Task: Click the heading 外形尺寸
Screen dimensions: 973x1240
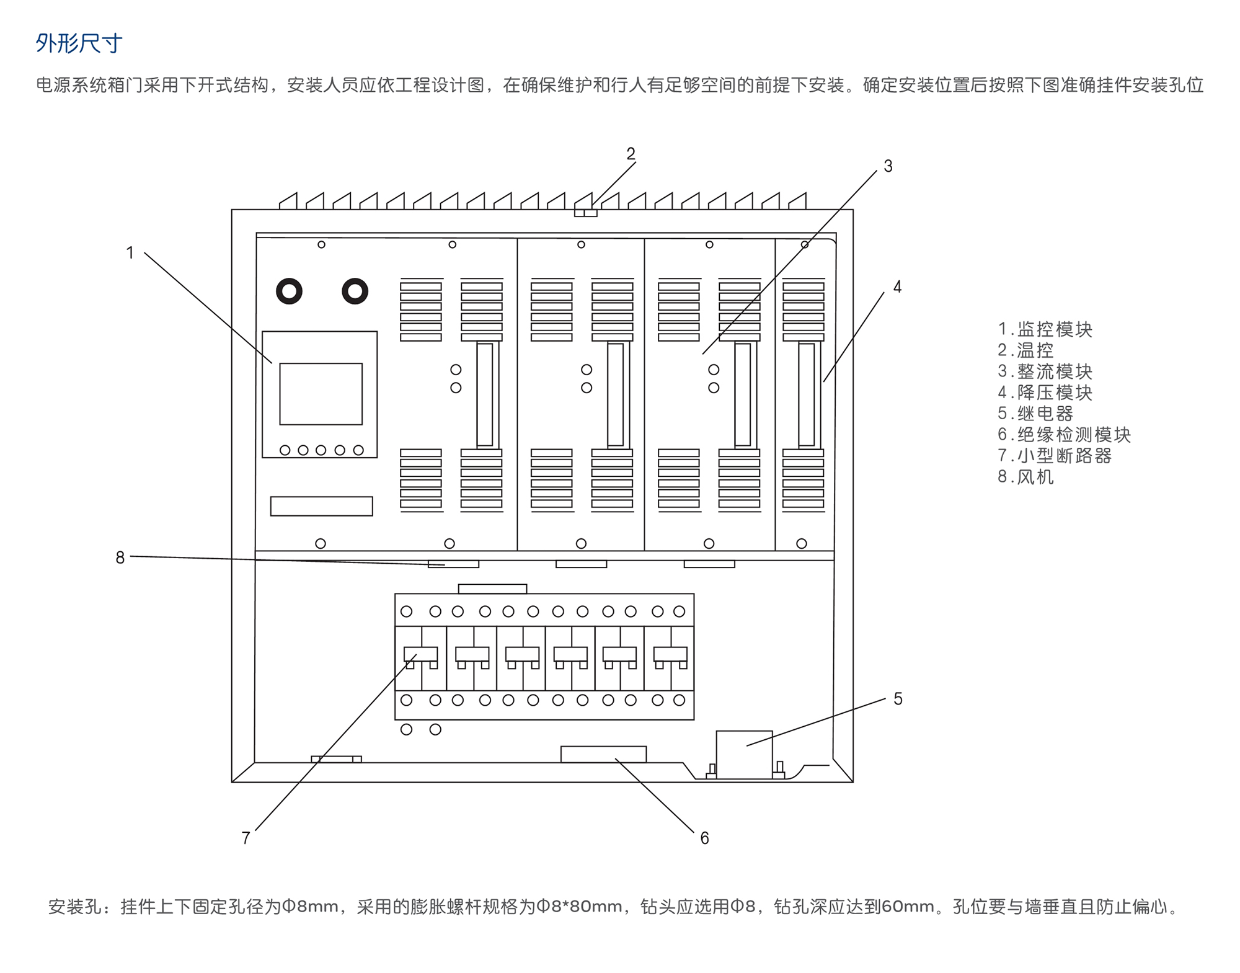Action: tap(79, 43)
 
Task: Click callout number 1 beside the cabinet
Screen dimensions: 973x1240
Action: tap(130, 253)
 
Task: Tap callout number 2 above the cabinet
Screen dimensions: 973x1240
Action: tap(631, 154)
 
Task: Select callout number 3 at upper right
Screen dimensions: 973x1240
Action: tap(888, 166)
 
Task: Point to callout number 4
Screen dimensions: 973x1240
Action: tap(897, 287)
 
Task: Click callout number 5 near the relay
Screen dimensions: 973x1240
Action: tap(898, 699)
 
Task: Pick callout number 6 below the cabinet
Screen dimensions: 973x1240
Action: tap(704, 838)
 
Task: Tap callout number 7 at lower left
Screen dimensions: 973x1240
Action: tap(246, 838)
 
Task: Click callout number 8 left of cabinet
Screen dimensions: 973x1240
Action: tap(120, 558)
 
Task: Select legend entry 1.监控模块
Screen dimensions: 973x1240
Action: tap(1045, 329)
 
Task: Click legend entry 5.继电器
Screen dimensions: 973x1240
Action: tap(1035, 414)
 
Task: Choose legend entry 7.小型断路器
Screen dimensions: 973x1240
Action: tap(1054, 456)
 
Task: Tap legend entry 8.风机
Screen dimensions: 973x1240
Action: tap(1025, 477)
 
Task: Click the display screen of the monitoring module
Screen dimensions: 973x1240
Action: tap(321, 394)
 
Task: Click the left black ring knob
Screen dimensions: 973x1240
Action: tap(289, 291)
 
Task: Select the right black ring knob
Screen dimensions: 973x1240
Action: tap(355, 291)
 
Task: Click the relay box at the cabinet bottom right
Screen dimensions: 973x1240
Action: tap(744, 753)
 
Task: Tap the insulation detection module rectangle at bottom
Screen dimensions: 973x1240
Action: tap(603, 754)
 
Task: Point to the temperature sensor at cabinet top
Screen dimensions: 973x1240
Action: tap(585, 213)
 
